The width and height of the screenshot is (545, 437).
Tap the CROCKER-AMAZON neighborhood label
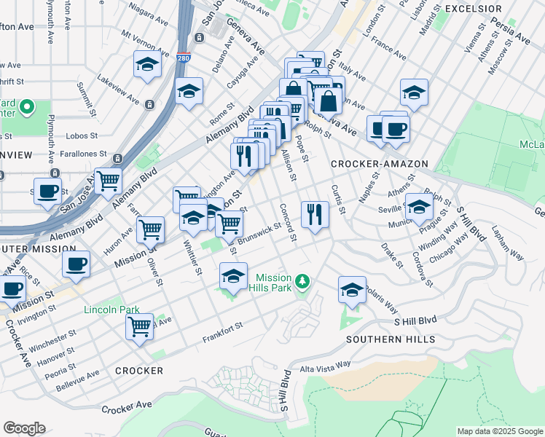pyautogui.click(x=379, y=164)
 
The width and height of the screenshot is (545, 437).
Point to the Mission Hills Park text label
pyautogui.click(x=273, y=283)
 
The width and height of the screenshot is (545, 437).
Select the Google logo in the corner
pyautogui.click(x=24, y=428)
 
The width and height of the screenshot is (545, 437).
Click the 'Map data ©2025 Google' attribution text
pyautogui.click(x=499, y=431)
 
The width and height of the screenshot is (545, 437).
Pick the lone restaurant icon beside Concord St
pyautogui.click(x=315, y=214)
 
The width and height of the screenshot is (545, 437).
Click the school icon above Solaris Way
pyautogui.click(x=352, y=289)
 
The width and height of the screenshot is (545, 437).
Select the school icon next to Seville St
pyautogui.click(x=419, y=207)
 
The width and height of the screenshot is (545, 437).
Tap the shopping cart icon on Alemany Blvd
pyautogui.click(x=108, y=179)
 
